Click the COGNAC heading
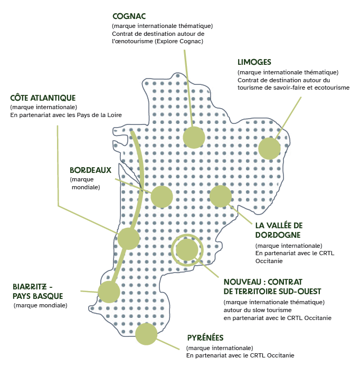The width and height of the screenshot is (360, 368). pyautogui.click(x=129, y=16)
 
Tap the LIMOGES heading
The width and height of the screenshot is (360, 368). pyautogui.click(x=254, y=62)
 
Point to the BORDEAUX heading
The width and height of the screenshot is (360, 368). pyautogui.click(x=90, y=170)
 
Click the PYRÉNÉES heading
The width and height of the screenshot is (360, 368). pyautogui.click(x=206, y=338)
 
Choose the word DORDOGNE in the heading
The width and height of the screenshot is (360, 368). pyautogui.click(x=278, y=235)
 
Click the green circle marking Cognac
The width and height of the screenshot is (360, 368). pyautogui.click(x=194, y=137)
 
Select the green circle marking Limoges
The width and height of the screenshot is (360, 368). pyautogui.click(x=269, y=149)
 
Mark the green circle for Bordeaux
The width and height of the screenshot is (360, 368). pyautogui.click(x=162, y=197)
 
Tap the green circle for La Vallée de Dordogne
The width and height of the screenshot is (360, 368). pyautogui.click(x=221, y=196)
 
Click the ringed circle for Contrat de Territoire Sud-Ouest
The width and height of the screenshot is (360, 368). pyautogui.click(x=187, y=249)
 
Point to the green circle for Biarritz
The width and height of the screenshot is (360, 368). pyautogui.click(x=109, y=292)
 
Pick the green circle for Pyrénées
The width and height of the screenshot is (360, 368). pyautogui.click(x=146, y=334)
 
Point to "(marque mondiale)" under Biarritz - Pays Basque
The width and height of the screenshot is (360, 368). pyautogui.click(x=41, y=305)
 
